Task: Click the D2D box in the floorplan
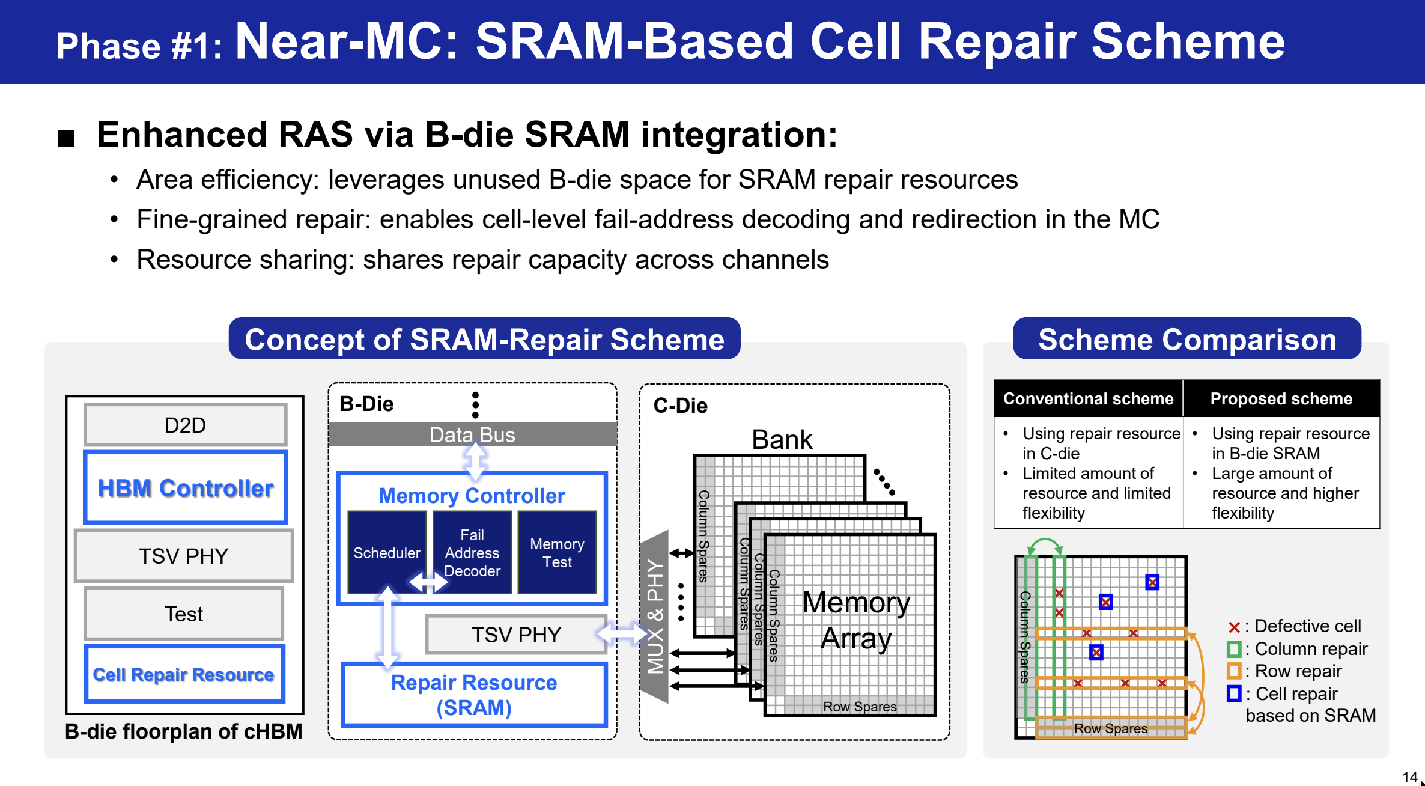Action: click(x=185, y=425)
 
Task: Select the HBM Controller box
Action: click(x=185, y=487)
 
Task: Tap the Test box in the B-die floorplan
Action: click(x=184, y=614)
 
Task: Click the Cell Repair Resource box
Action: click(x=184, y=674)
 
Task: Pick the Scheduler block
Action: click(x=387, y=552)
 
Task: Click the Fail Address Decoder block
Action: click(x=472, y=552)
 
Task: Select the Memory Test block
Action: click(x=557, y=552)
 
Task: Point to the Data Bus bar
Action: click(x=472, y=434)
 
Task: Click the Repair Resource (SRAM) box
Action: click(x=474, y=695)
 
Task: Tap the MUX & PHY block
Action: click(x=655, y=617)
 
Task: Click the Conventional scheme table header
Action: click(x=1088, y=398)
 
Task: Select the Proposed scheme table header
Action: click(x=1281, y=398)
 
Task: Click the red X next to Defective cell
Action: click(x=1234, y=627)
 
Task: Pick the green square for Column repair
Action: click(x=1234, y=649)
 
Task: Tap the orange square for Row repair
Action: click(x=1234, y=671)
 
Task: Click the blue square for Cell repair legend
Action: click(x=1234, y=693)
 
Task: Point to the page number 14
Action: click(x=1409, y=776)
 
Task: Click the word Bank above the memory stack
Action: click(x=782, y=439)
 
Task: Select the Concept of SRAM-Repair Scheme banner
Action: click(x=484, y=339)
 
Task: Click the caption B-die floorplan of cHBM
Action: click(x=184, y=731)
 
